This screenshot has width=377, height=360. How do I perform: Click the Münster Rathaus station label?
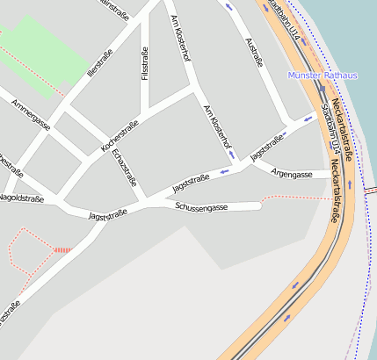point(323,76)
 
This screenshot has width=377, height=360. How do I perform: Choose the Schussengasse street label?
point(202,206)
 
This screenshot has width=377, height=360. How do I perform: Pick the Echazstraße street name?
point(127,168)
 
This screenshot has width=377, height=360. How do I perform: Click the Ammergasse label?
point(32,115)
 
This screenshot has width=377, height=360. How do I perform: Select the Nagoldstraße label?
point(21,198)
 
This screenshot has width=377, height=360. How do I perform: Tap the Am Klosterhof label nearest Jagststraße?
point(217,126)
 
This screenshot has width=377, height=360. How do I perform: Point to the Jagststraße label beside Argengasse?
point(269,147)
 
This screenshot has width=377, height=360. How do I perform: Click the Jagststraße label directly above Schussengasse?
point(192,183)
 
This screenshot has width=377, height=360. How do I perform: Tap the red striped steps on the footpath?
point(62,250)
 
